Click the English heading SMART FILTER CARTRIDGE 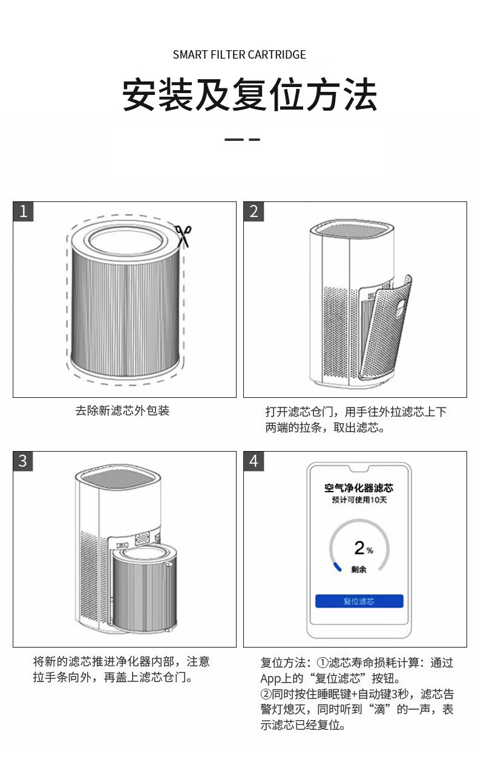[240, 54]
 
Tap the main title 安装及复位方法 [249, 94]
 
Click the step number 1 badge [23, 212]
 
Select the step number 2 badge [254, 212]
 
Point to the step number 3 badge [23, 461]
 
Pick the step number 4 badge [254, 461]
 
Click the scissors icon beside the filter [183, 236]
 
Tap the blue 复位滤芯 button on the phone [359, 601]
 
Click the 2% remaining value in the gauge [364, 548]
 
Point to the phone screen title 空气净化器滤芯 [359, 487]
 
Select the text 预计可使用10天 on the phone [359, 500]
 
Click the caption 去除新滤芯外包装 [122, 411]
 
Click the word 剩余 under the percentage [359, 570]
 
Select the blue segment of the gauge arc [338, 567]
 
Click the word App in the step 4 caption [270, 679]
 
